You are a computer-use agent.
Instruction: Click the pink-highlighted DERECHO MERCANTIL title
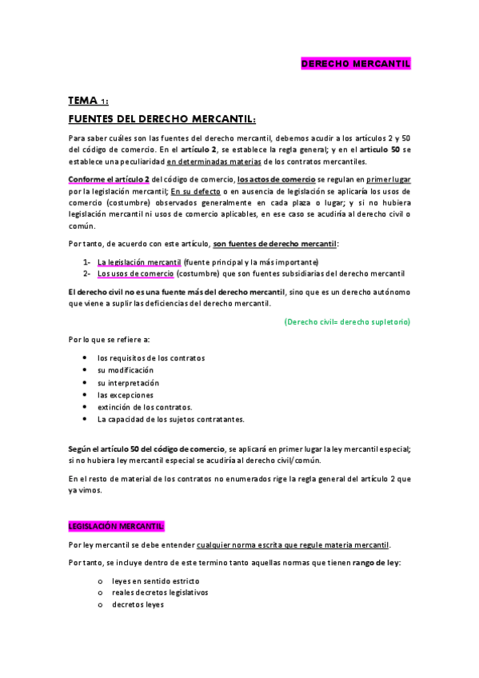coord(355,63)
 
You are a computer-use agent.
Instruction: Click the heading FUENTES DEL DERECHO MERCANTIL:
coord(162,119)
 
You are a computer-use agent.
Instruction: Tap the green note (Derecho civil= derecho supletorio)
coord(347,321)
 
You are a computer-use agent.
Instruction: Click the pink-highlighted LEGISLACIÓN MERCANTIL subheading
coord(116,504)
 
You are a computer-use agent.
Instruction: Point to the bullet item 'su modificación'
coord(125,370)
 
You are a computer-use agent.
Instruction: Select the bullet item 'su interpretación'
coord(127,383)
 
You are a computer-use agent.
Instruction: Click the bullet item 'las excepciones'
coord(125,395)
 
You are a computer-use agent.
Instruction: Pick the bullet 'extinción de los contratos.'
coord(145,407)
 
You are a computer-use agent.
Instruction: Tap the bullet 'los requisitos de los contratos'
coord(151,358)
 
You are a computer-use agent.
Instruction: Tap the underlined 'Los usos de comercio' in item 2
coord(135,273)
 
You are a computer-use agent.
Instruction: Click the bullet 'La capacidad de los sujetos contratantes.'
coord(170,419)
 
